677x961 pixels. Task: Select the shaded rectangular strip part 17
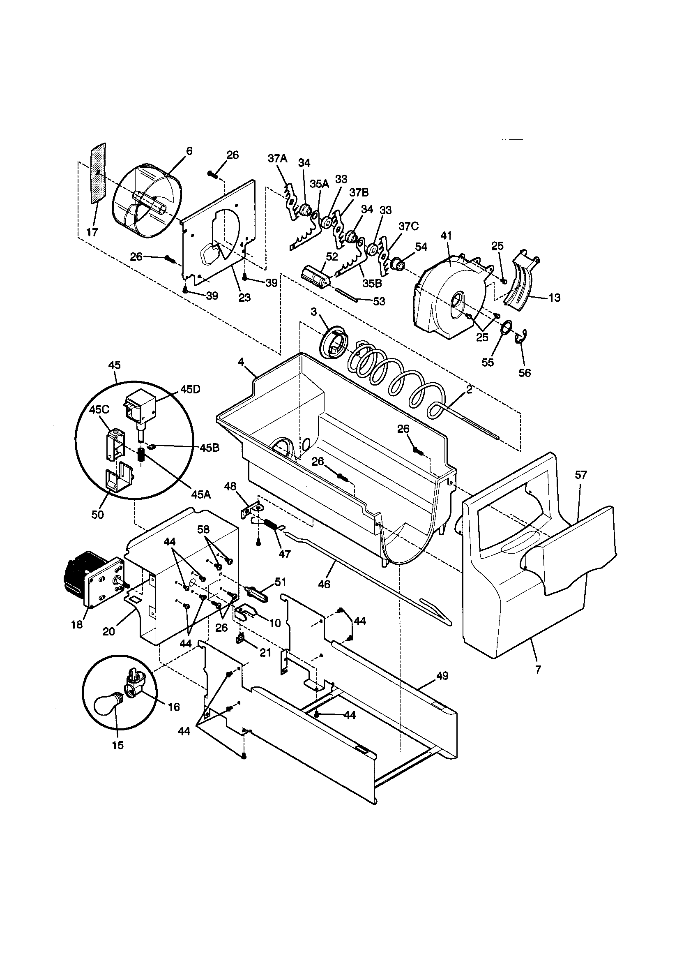point(99,173)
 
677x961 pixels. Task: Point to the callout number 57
point(581,475)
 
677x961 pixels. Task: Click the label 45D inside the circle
point(190,389)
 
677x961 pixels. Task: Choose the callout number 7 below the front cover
point(538,670)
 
